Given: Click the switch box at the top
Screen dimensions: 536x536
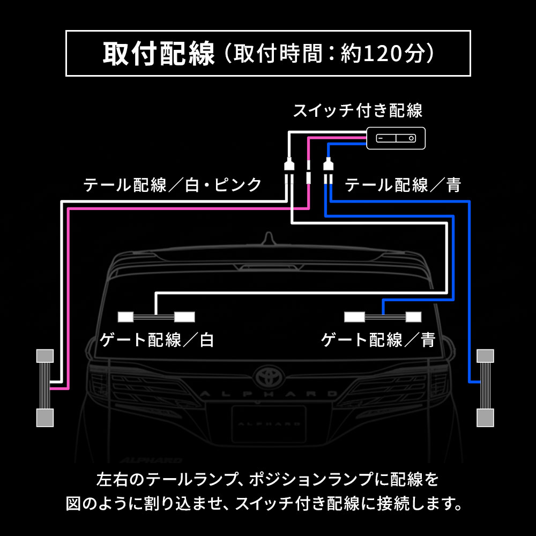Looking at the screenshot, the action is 396,138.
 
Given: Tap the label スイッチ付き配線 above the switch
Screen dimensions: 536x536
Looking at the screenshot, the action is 358,110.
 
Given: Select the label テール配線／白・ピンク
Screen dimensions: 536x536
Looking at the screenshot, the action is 173,185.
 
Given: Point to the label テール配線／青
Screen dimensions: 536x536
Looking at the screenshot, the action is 403,185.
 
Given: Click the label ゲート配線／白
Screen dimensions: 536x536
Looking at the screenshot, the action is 157,340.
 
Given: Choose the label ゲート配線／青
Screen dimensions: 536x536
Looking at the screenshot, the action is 378,340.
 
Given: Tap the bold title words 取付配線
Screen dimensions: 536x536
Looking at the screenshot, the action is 159,54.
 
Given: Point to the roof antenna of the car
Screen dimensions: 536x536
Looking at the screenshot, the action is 269,239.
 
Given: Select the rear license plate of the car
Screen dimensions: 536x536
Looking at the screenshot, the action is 269,424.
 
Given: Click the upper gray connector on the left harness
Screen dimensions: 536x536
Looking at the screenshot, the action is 45,356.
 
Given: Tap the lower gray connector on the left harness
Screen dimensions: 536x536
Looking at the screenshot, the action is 45,418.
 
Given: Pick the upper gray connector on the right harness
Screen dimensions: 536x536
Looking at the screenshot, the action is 486,356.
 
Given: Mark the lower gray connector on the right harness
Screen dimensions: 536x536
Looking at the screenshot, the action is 486,418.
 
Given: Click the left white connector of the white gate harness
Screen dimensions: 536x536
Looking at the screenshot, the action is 125,317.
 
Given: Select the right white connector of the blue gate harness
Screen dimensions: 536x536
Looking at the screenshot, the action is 413,317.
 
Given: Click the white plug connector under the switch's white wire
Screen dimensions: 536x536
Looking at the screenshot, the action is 289,164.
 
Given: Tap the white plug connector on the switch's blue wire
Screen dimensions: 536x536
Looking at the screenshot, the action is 328,164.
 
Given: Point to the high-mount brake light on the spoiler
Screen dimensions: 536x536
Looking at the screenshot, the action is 269,267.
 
